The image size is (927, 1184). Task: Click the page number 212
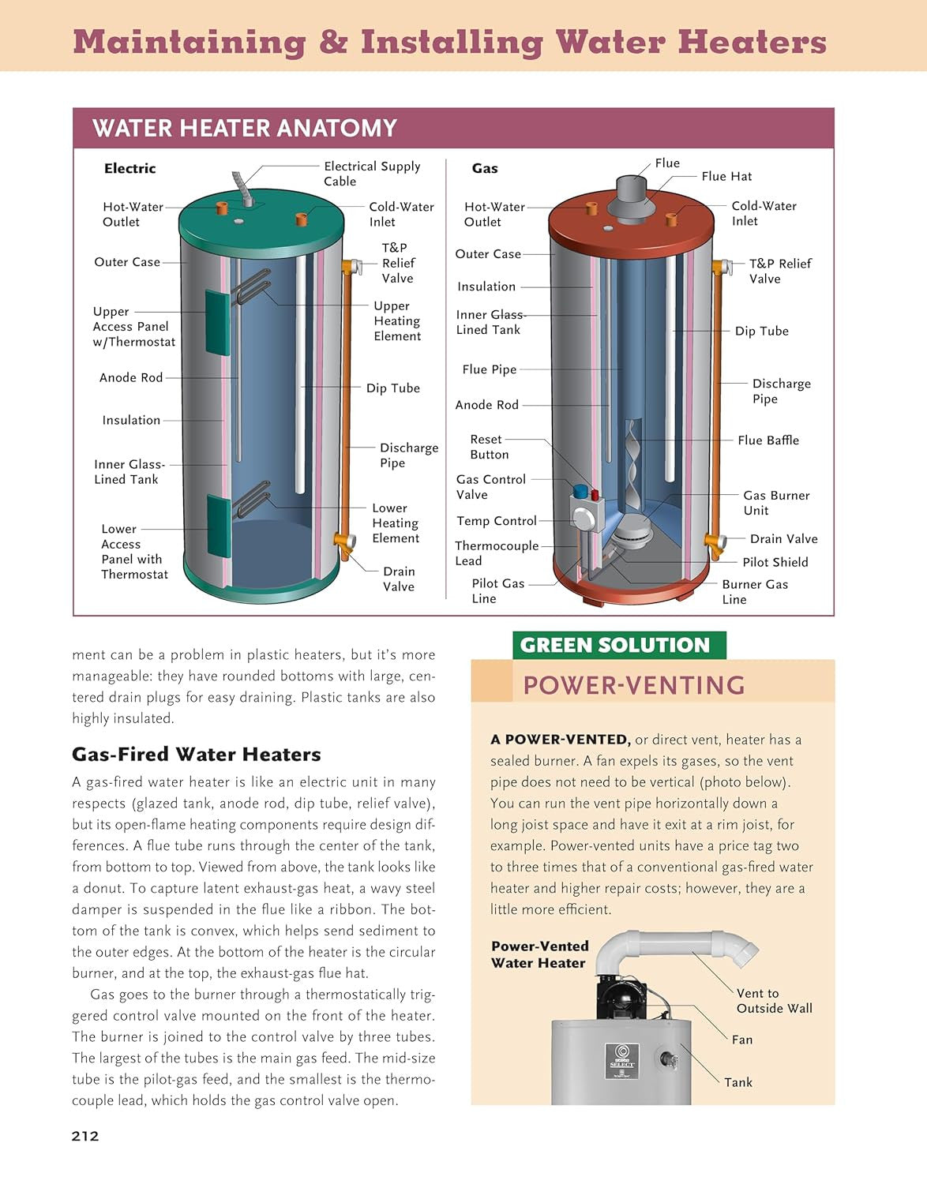pos(85,1136)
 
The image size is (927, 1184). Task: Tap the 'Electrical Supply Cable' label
pos(371,174)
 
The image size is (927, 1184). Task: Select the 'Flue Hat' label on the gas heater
pos(726,177)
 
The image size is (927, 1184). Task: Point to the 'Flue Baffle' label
pos(767,440)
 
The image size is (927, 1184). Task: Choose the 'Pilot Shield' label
pos(775,562)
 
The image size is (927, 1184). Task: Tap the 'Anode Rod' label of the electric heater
pos(130,378)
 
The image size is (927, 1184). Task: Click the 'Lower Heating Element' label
pos(395,523)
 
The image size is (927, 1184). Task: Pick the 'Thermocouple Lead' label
pos(496,553)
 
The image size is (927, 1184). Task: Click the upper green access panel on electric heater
pos(218,321)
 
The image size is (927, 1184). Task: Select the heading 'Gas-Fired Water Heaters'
pos(196,755)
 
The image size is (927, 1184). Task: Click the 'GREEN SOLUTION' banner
pos(615,646)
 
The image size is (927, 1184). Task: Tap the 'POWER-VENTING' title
pos(634,685)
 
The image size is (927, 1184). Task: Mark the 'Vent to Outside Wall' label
pos(773,1001)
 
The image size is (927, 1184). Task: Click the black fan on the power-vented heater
pos(621,999)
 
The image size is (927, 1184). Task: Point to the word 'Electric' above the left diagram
pos(129,168)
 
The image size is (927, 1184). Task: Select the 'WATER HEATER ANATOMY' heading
pos(244,128)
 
